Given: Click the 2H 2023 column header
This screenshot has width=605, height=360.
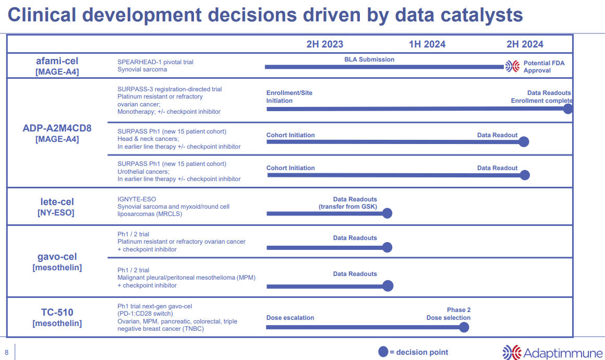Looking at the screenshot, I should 324,44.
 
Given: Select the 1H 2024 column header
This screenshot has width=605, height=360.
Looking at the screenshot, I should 427,44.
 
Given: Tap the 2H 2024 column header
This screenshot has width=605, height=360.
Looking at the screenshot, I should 525,44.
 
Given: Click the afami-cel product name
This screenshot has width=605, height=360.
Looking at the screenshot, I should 57,61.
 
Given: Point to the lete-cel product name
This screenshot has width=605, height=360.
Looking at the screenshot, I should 57,202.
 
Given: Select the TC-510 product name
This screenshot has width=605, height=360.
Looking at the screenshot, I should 57,313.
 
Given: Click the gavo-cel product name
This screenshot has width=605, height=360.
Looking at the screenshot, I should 57,257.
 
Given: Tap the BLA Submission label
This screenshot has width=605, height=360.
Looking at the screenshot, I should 369,59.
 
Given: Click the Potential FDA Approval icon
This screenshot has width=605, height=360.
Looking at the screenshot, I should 512,66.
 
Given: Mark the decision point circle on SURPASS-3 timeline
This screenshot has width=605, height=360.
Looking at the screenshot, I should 568,109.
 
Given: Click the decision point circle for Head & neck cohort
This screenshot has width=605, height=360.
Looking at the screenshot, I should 524,142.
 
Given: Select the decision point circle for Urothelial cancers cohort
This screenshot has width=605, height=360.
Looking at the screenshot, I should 525,175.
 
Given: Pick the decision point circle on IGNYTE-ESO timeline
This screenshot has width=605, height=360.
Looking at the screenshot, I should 387,213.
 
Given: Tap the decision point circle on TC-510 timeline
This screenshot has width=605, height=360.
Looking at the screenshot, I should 464,327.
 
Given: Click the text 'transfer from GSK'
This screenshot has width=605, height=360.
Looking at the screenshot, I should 347,207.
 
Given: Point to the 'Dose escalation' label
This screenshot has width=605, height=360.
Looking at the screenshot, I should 290,318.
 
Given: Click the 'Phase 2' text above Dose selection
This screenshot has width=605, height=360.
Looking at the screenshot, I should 458,310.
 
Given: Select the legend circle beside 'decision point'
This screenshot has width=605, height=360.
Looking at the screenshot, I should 383,352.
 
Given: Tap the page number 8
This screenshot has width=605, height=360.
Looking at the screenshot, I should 7,352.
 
